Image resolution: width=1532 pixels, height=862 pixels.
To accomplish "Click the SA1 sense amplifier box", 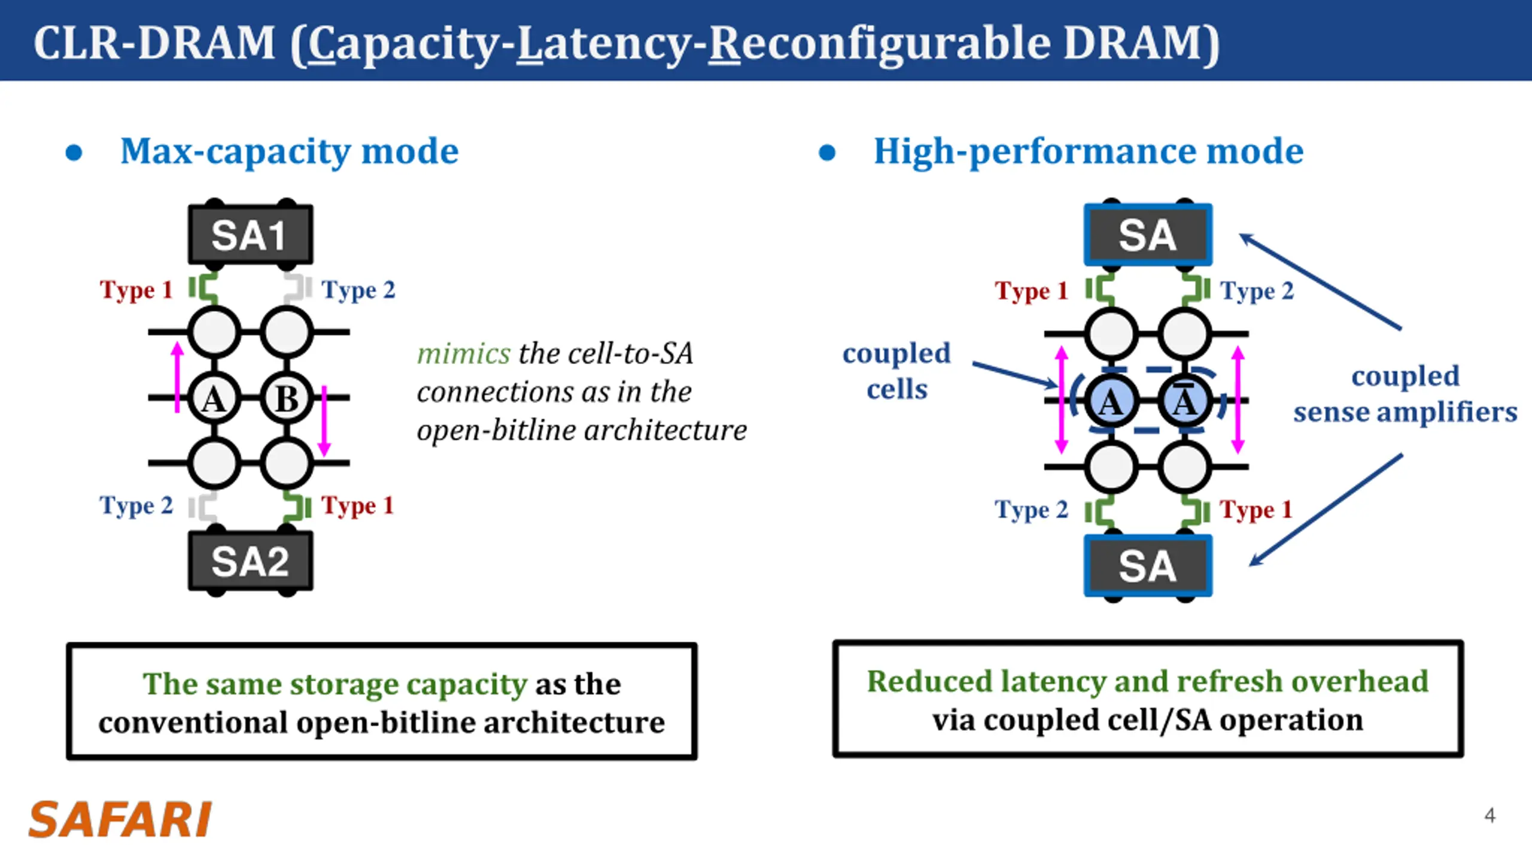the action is pyautogui.click(x=250, y=235).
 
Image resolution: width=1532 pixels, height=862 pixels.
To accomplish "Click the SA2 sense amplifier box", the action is pyautogui.click(x=250, y=561).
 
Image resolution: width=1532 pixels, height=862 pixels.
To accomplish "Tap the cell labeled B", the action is pyautogui.click(x=287, y=398).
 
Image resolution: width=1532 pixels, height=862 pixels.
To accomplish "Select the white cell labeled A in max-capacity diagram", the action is pyautogui.click(x=214, y=398).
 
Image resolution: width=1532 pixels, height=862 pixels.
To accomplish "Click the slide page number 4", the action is pyautogui.click(x=1490, y=815).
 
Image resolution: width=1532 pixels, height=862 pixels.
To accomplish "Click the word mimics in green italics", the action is pyautogui.click(x=464, y=354).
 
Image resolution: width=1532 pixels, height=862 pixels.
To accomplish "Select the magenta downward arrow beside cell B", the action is pyautogui.click(x=324, y=420).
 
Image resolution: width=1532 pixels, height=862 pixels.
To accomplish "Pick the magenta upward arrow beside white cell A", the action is pyautogui.click(x=177, y=377).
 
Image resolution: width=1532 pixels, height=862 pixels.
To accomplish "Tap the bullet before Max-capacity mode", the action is pyautogui.click(x=74, y=153).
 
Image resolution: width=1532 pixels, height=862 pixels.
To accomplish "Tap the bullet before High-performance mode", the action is pyautogui.click(x=827, y=153).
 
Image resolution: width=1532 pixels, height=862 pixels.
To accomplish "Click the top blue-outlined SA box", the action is pyautogui.click(x=1148, y=235).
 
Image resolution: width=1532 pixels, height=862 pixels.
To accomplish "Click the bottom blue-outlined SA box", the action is pyautogui.click(x=1148, y=566).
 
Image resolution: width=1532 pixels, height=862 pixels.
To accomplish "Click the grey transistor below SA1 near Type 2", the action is pyautogui.click(x=297, y=288).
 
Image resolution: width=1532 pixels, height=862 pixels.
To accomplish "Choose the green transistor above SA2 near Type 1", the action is pyautogui.click(x=297, y=506).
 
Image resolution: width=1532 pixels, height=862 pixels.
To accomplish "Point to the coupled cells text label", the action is pyautogui.click(x=896, y=371).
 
